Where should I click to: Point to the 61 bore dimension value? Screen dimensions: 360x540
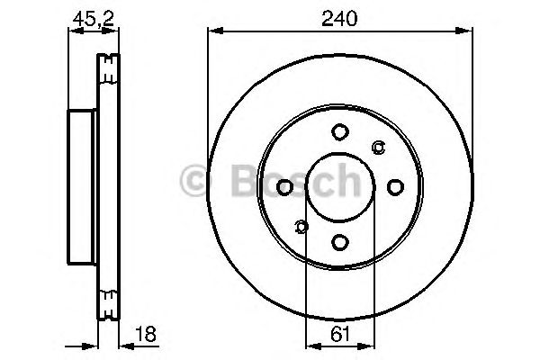340,334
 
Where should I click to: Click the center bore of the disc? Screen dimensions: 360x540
340,186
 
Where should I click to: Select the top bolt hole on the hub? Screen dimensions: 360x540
340,132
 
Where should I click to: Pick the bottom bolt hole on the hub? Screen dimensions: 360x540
340,241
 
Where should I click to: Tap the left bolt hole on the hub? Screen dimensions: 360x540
285,187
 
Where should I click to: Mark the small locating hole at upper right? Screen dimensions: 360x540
378,148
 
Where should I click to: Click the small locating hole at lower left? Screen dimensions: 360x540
301,226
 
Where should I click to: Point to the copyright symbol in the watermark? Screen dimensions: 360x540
196,183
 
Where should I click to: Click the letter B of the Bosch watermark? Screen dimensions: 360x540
229,183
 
